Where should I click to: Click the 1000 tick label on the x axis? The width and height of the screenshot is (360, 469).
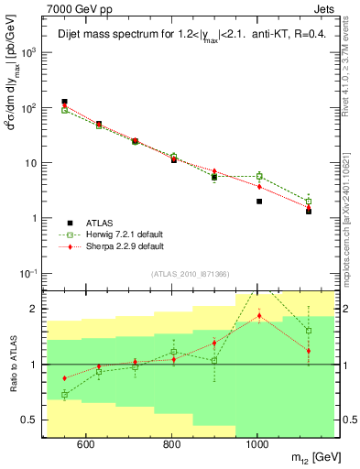click(257, 445)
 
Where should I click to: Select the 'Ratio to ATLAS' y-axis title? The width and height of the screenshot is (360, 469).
click(14, 364)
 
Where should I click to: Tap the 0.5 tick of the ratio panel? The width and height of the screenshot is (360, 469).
click(33, 420)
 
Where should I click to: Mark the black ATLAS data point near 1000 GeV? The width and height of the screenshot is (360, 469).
click(259, 202)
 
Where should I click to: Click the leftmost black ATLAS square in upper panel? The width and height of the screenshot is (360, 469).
click(64, 102)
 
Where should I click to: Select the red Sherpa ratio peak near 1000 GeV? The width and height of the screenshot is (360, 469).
click(259, 316)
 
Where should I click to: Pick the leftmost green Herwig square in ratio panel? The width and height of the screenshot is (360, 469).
click(64, 395)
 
